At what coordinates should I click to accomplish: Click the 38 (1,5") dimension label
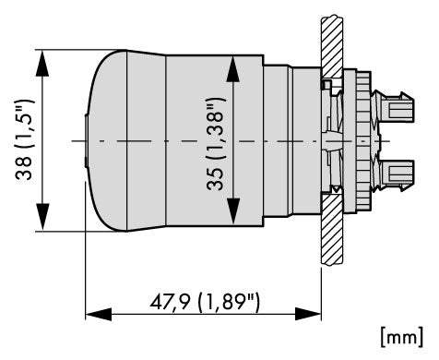[24, 139]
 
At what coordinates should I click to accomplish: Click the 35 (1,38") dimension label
[215, 144]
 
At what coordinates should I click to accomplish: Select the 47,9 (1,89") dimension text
[205, 302]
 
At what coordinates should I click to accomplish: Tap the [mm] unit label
[402, 337]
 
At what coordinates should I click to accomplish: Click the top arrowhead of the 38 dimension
[42, 64]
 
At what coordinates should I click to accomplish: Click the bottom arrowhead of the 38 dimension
[42, 217]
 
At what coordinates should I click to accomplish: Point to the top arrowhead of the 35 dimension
[233, 68]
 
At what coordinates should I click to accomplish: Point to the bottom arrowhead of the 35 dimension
[233, 211]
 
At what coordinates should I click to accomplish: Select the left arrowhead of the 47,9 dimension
[99, 314]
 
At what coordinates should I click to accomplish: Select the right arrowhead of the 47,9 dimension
[308, 314]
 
